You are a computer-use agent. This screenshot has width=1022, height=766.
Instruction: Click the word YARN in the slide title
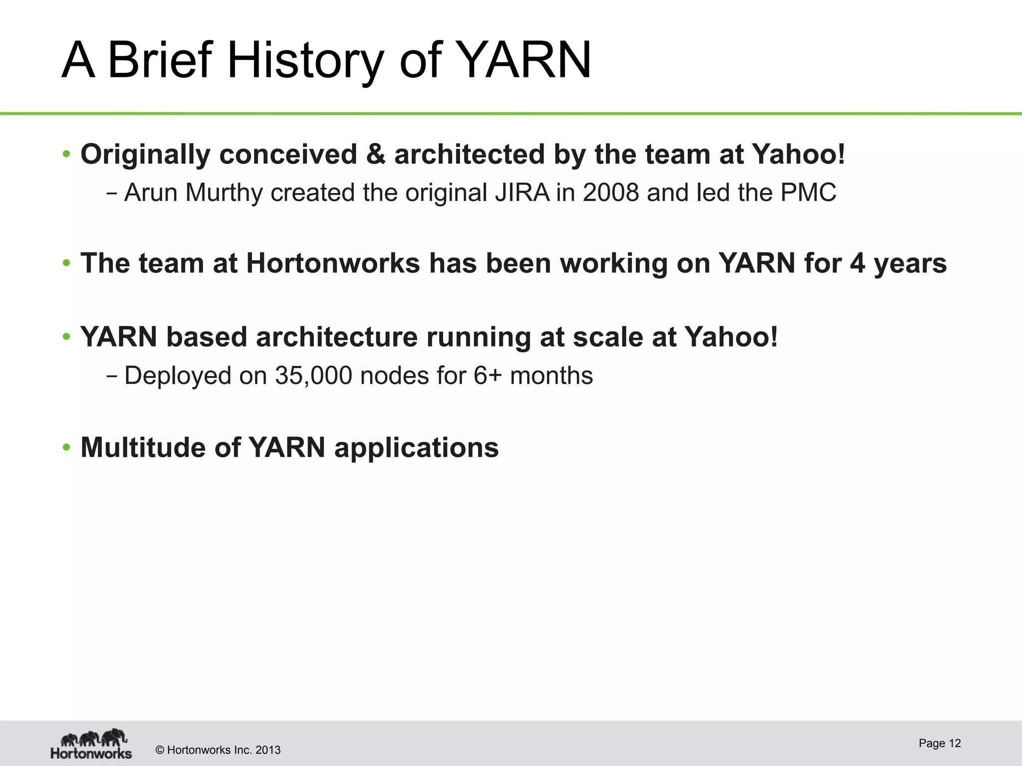(524, 61)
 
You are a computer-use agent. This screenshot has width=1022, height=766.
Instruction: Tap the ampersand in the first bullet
(375, 154)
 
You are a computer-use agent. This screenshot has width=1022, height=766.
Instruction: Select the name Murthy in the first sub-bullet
(224, 192)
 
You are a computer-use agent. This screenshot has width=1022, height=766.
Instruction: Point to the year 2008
(610, 192)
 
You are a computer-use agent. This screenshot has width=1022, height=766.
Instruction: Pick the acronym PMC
(808, 192)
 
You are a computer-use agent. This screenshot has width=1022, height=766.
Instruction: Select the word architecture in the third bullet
(336, 337)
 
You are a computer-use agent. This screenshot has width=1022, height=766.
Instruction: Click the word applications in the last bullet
(416, 448)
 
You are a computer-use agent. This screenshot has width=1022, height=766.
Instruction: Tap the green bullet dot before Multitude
(66, 447)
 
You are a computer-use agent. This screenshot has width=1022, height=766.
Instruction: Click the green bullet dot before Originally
(66, 154)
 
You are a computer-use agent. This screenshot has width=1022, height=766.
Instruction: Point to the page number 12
(955, 743)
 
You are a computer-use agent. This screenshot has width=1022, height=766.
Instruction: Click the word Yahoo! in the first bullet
(798, 154)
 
